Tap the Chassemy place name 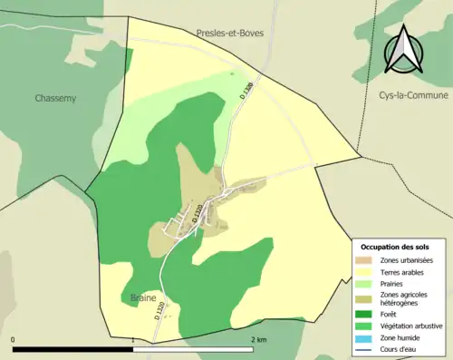coord(56,98)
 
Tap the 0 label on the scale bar coord(14,340)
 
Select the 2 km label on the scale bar coord(258,340)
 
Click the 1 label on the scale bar coord(134,340)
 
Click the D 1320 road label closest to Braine coord(160,310)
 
